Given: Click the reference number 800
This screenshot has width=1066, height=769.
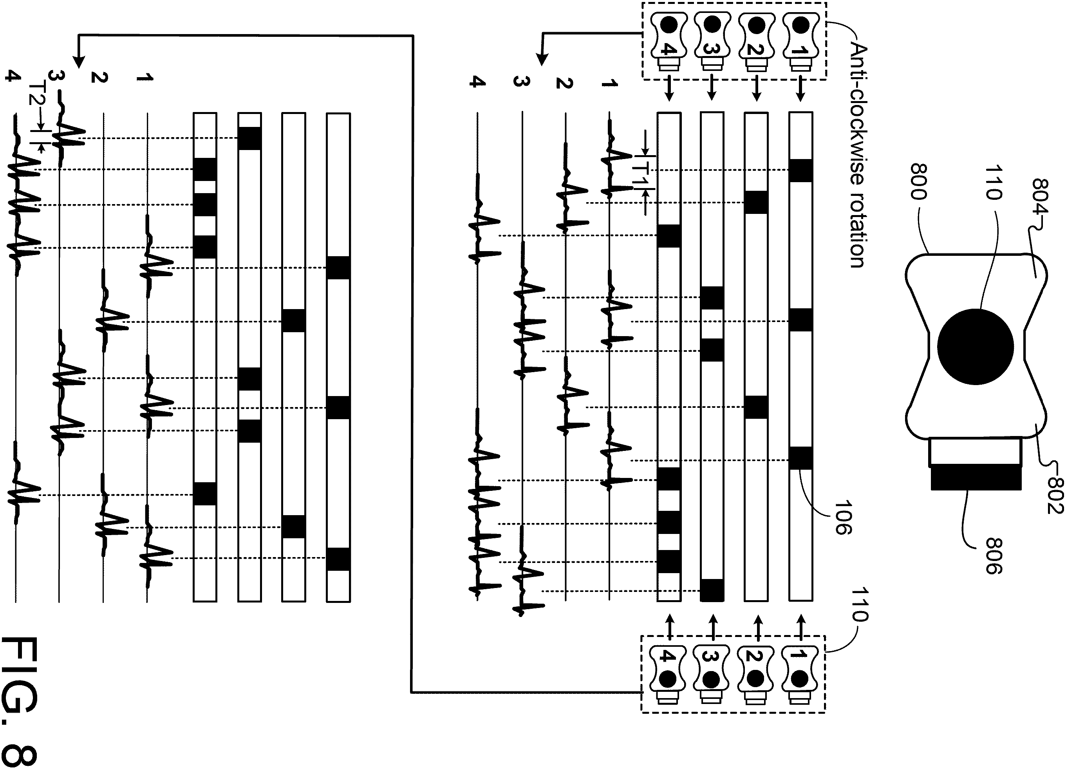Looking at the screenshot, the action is point(918,181).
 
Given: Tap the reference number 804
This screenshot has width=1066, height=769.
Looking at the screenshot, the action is point(1039,197).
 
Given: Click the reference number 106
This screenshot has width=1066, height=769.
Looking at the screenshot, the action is point(843,517).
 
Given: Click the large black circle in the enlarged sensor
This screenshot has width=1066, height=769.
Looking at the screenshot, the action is point(975,346).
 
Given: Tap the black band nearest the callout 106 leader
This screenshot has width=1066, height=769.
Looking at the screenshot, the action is point(801,458).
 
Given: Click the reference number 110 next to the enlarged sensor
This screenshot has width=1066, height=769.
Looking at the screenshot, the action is point(993,182).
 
